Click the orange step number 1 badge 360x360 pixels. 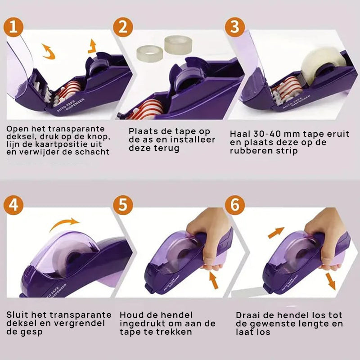(x=13, y=27)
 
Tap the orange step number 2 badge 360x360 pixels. (x=123, y=27)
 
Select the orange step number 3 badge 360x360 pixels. (x=234, y=27)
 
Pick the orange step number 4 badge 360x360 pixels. (x=13, y=205)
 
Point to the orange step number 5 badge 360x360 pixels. (x=123, y=205)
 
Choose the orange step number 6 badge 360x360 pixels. (x=234, y=205)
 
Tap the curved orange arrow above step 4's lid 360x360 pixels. (x=64, y=223)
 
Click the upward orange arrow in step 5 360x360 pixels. (x=214, y=280)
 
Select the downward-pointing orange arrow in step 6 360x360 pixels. (x=331, y=282)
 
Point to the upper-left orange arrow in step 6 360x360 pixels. (x=276, y=233)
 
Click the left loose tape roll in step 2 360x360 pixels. (x=150, y=53)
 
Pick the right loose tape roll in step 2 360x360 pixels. (x=178, y=45)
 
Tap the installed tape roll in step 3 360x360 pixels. (x=323, y=65)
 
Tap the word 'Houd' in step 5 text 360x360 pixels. (x=131, y=315)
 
